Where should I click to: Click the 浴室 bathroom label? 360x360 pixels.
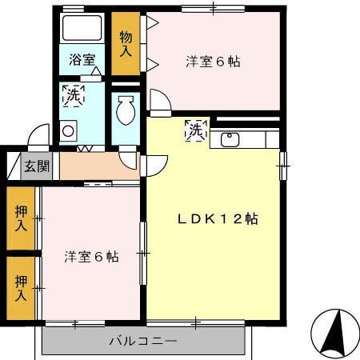point(82,59)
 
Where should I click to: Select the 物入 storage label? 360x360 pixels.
point(126,43)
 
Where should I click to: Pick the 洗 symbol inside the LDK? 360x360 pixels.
point(194,129)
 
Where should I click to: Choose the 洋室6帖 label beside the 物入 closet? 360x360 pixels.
point(214,61)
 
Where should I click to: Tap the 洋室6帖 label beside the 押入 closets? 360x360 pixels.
point(91,257)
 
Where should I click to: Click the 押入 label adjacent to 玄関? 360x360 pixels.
point(21,217)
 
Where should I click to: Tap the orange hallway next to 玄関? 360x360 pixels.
point(96,166)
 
